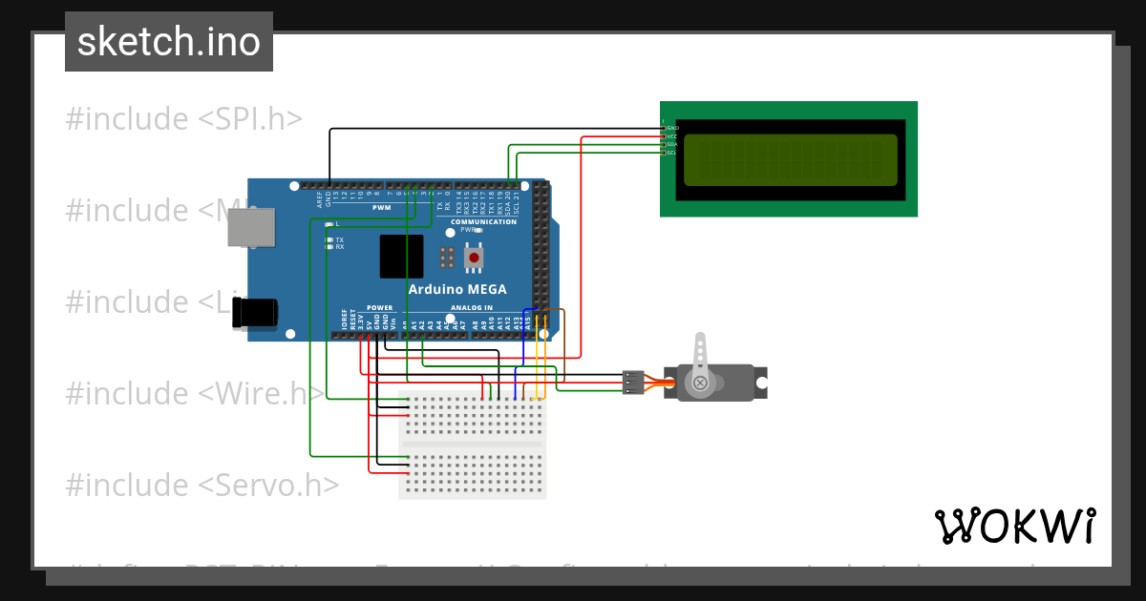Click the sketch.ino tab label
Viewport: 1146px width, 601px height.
pos(169,42)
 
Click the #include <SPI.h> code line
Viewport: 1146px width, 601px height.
pos(183,119)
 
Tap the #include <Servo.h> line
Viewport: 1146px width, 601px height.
pos(202,485)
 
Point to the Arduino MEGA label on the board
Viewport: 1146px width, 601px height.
pos(457,289)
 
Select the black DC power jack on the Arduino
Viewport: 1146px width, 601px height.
pos(256,312)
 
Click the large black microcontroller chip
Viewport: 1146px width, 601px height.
pos(401,256)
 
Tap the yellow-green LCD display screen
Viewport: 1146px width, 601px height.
pos(791,159)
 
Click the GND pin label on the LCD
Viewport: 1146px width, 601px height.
pos(672,128)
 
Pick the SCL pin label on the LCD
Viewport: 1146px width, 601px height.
pos(672,153)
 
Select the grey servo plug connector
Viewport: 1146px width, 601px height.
pos(632,382)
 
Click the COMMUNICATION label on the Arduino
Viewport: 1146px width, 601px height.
pos(483,222)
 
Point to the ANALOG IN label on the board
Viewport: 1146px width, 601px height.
pos(472,308)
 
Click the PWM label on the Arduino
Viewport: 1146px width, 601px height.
pos(381,207)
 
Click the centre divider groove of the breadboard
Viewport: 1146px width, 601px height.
pos(472,444)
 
